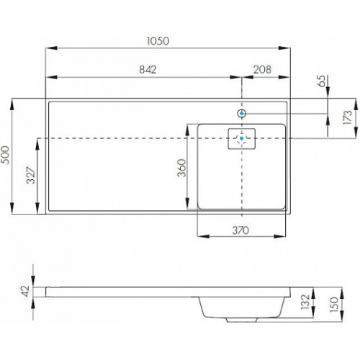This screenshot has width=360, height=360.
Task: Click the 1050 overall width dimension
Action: tap(158, 41)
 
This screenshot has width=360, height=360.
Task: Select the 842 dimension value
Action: tap(148, 70)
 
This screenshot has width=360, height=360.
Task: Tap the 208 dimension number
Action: tap(262, 70)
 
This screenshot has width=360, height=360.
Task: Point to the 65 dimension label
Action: tap(321, 81)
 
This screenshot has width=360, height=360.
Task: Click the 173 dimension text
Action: tap(348, 117)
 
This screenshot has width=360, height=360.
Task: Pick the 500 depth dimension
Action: tap(5, 155)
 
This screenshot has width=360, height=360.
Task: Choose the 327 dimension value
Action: tap(30, 175)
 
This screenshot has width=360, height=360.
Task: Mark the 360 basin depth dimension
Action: tap(181, 168)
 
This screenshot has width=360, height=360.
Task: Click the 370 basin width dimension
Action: tap(240, 230)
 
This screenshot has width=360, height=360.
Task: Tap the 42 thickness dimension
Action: tap(25, 291)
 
